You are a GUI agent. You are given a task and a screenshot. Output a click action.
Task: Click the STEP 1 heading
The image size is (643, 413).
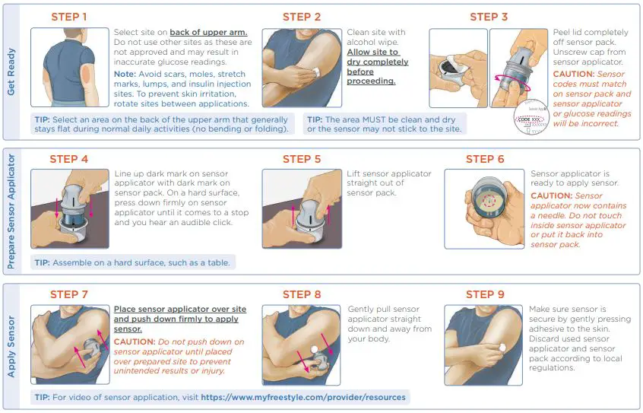[68, 17]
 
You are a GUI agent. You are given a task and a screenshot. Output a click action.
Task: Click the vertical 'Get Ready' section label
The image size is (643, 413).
[12, 72]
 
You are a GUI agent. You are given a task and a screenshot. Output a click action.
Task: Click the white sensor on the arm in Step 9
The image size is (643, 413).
[500, 347]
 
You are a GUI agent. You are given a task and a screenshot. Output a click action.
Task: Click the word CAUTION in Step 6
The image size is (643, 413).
[551, 195]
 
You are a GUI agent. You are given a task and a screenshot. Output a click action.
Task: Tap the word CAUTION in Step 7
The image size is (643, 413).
[135, 342]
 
